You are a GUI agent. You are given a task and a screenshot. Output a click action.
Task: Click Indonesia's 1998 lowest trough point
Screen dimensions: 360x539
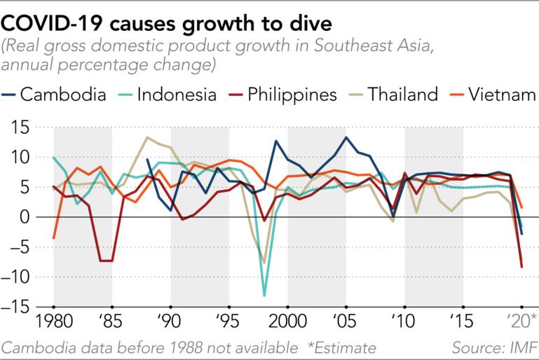point(264,296)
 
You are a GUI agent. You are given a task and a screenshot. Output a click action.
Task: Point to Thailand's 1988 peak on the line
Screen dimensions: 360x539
point(146,137)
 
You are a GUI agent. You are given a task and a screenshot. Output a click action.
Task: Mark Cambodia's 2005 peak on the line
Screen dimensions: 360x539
point(346,137)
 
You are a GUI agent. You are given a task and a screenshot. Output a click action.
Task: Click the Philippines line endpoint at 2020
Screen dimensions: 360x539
point(521,267)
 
